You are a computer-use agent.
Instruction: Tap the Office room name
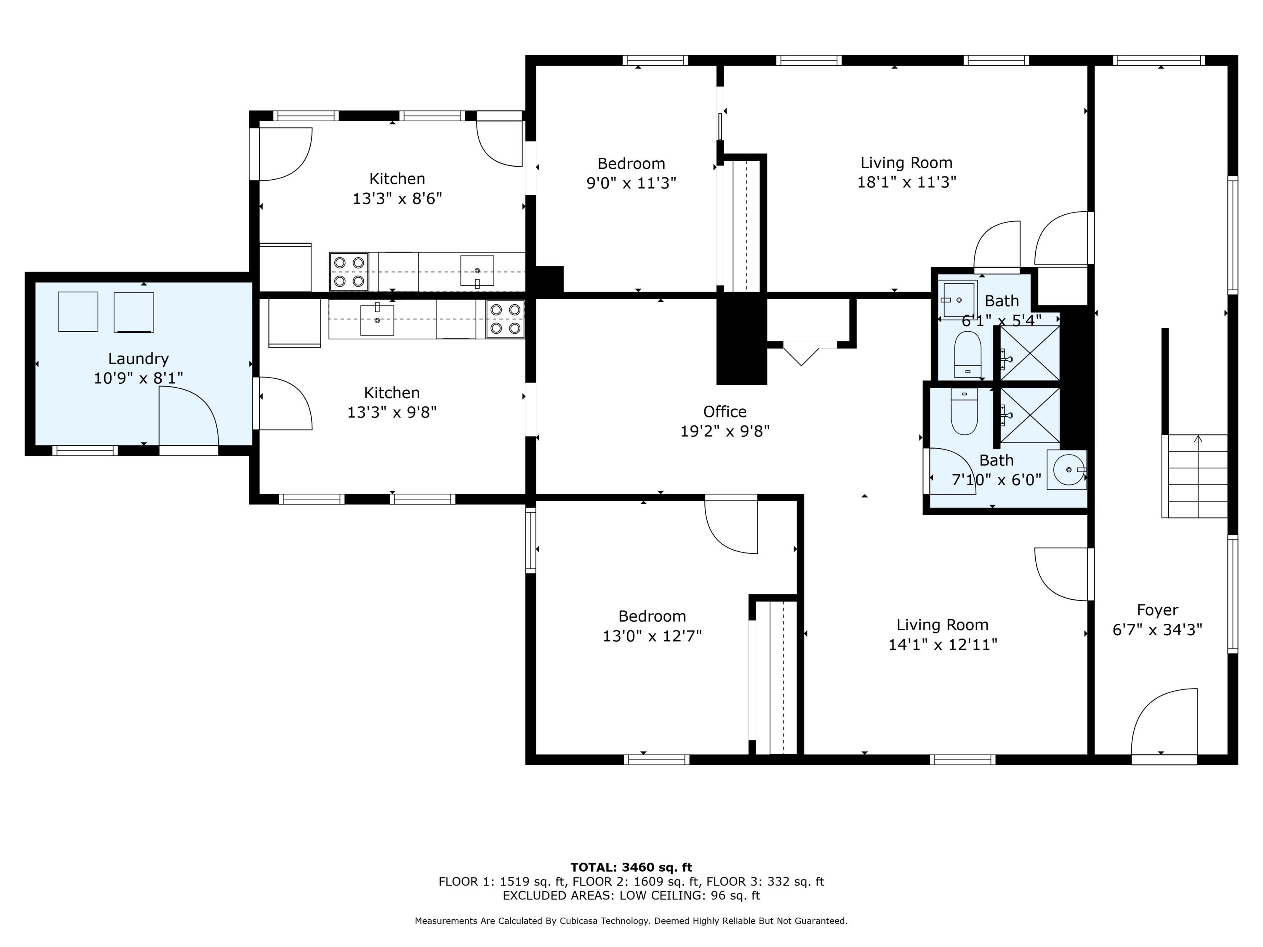725,412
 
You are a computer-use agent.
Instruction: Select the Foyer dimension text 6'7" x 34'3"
1157,630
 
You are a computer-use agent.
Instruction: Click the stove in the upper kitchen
349,272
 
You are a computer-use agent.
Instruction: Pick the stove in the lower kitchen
505,319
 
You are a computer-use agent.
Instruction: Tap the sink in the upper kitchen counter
477,271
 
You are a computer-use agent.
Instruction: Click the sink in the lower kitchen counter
377,320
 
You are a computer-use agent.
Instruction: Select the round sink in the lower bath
1066,470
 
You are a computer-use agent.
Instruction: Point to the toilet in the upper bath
968,354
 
